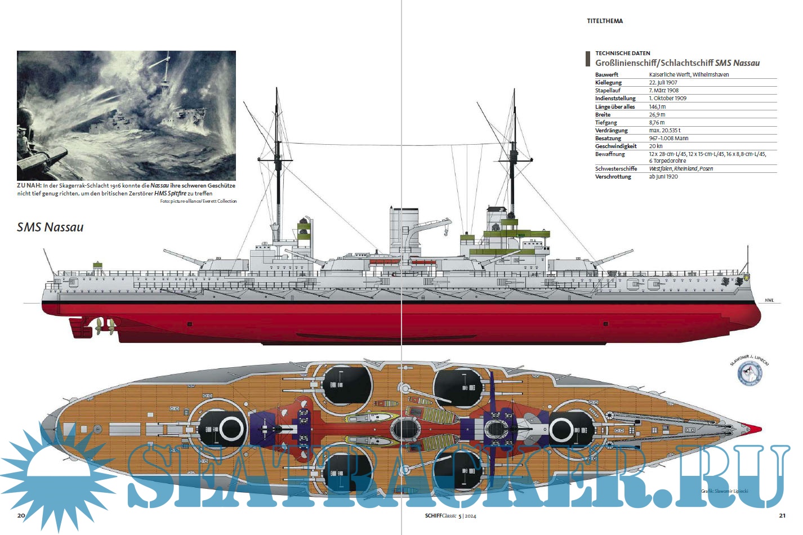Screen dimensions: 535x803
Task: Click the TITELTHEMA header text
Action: pos(605,21)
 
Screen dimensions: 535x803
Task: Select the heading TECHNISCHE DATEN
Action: pos(622,53)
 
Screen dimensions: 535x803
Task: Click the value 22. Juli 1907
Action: pos(663,82)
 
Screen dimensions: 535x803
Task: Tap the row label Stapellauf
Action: pos(608,90)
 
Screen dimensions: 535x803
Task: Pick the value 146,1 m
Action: pos(657,106)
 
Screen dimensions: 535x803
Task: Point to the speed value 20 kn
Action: pos(655,146)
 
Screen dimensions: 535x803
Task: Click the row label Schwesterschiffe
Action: pos(616,168)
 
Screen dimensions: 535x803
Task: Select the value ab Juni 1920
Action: pos(663,176)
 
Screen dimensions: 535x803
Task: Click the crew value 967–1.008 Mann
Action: pos(668,138)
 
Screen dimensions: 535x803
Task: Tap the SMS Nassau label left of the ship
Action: pos(50,227)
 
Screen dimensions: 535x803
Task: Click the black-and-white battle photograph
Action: pos(126,115)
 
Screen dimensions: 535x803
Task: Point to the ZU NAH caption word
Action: pos(28,185)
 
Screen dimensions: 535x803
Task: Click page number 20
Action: pos(21,515)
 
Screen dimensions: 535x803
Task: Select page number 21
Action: pos(782,515)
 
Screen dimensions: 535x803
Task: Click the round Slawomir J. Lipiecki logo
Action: pos(750,373)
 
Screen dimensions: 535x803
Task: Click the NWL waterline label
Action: pos(769,300)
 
